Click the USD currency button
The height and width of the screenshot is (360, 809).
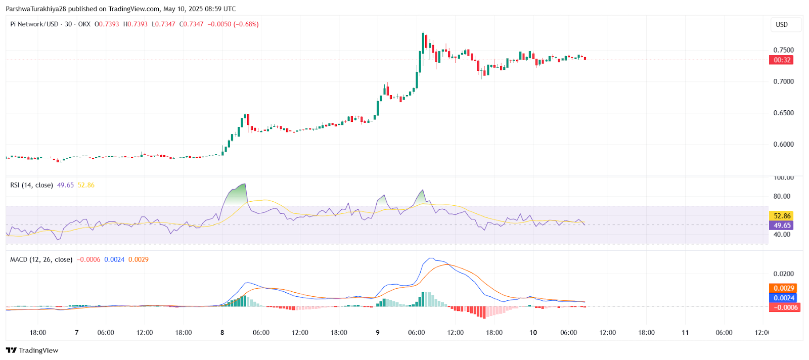782,24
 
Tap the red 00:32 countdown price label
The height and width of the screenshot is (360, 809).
782,60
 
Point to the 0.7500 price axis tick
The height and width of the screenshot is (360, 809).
783,50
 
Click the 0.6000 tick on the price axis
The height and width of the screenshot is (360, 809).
783,144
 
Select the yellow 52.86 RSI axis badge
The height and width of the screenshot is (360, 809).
782,216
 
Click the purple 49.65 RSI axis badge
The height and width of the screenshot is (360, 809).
782,226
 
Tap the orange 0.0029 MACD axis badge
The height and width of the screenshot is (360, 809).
784,288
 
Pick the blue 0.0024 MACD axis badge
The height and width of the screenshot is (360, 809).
784,298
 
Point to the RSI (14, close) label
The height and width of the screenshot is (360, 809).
31,185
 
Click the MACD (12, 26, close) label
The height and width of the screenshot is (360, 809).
41,259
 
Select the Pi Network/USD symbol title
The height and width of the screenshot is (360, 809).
34,24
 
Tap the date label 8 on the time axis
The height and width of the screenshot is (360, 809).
222,332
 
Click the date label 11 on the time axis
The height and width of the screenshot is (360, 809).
685,332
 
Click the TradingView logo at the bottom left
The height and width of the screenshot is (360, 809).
32,350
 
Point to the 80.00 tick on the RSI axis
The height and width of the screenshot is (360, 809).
782,196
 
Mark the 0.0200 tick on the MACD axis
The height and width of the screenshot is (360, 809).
783,274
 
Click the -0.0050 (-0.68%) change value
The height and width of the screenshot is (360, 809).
233,24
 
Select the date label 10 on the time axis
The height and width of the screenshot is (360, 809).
533,332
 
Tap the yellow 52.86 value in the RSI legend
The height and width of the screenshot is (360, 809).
86,185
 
